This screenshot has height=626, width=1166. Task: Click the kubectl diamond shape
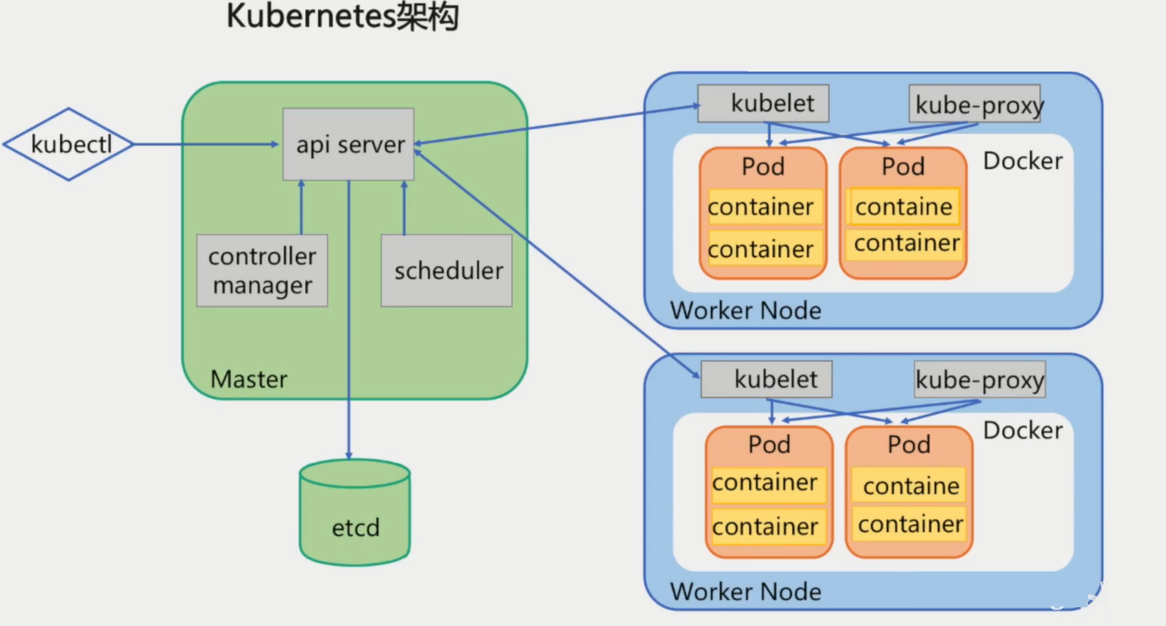click(x=70, y=145)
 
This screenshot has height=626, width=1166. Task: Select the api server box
click(x=348, y=144)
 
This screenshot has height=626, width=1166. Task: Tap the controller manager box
click(x=262, y=270)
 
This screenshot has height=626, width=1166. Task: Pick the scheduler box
click(x=447, y=270)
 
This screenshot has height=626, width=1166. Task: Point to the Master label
click(x=249, y=380)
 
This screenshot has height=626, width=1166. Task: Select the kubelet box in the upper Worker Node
click(x=763, y=104)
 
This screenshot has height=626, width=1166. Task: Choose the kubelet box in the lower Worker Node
click(x=767, y=380)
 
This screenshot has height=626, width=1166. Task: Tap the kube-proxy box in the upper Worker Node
click(x=975, y=104)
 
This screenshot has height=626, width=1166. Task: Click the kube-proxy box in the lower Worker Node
click(x=979, y=380)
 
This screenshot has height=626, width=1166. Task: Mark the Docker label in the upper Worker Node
click(x=1022, y=161)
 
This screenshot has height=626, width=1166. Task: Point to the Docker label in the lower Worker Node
click(x=1022, y=430)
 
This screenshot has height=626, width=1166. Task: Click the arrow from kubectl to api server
click(x=205, y=145)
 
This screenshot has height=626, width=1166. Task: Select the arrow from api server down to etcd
click(x=348, y=329)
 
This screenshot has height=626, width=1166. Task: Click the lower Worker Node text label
click(x=745, y=591)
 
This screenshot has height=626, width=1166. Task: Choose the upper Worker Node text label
click(x=745, y=311)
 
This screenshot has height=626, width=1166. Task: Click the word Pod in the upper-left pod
click(x=763, y=167)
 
